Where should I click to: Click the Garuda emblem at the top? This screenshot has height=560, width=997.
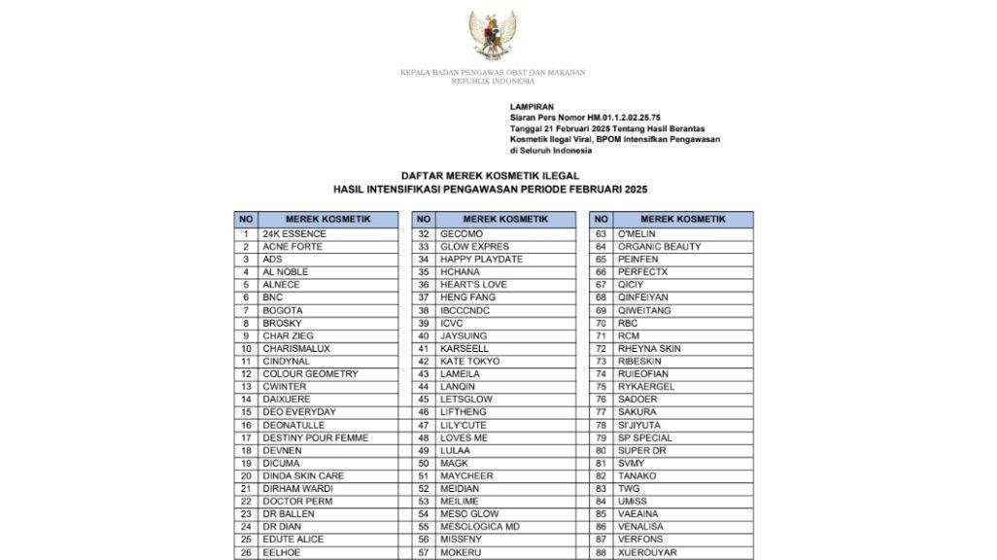(x=493, y=37)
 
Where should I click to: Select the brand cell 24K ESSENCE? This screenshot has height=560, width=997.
(x=294, y=234)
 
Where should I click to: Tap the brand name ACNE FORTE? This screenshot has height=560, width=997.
(x=292, y=247)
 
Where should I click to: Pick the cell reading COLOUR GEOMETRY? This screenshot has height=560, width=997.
(x=310, y=374)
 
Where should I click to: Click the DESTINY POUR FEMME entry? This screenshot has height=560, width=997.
(x=316, y=437)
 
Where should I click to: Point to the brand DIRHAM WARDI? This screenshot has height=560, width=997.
(x=297, y=489)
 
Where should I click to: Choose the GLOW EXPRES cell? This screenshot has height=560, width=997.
(x=473, y=247)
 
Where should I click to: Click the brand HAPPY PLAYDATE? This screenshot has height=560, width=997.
(x=481, y=260)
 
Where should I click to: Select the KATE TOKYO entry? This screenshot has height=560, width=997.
(x=470, y=362)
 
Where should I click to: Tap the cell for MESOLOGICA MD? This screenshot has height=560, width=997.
(x=480, y=527)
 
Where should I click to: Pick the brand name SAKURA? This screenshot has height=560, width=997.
(x=639, y=412)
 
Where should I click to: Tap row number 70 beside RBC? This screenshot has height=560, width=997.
(x=602, y=323)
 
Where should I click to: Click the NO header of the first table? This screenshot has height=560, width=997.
(x=246, y=220)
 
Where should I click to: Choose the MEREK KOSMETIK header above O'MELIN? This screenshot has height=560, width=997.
(x=683, y=220)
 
